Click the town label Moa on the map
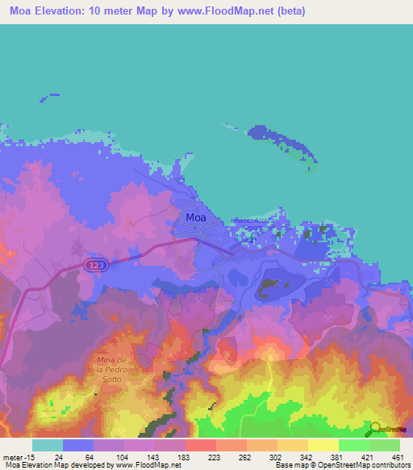pos(195,217)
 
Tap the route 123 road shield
pos(95,265)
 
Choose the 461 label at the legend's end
pos(397,457)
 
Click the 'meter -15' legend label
pos(18,457)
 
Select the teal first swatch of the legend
pos(48,445)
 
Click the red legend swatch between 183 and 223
pos(201,445)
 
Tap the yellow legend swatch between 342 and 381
pos(323,445)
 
